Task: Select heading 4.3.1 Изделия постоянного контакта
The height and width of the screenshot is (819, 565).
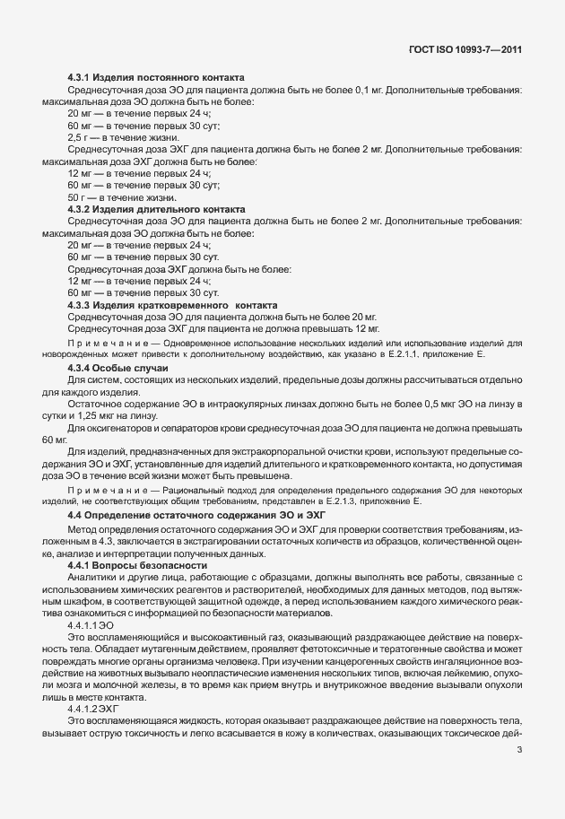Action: coord(157,80)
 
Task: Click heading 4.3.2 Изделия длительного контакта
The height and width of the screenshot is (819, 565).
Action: coord(156,209)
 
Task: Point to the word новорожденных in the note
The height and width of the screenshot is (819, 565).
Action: coord(80,355)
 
